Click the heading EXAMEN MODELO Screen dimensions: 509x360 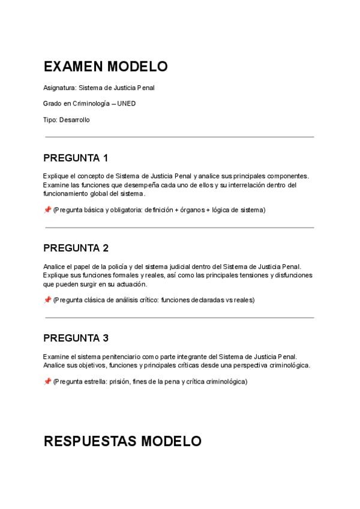pos(106,66)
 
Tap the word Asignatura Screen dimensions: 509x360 pos(59,88)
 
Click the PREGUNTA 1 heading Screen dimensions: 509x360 pos(76,158)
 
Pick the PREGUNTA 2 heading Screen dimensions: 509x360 pos(76,248)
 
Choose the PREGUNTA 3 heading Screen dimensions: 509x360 pos(76,338)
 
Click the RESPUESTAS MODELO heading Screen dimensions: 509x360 pos(122,441)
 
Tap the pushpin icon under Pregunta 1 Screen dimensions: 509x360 pos(47,210)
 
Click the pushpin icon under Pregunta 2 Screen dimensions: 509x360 pos(47,300)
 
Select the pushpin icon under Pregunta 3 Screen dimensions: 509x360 pos(47,382)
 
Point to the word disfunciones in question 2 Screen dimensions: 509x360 pos(294,276)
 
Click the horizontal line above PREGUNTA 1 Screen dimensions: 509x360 pos(179,137)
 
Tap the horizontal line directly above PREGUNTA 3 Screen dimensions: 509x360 pos(179,318)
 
